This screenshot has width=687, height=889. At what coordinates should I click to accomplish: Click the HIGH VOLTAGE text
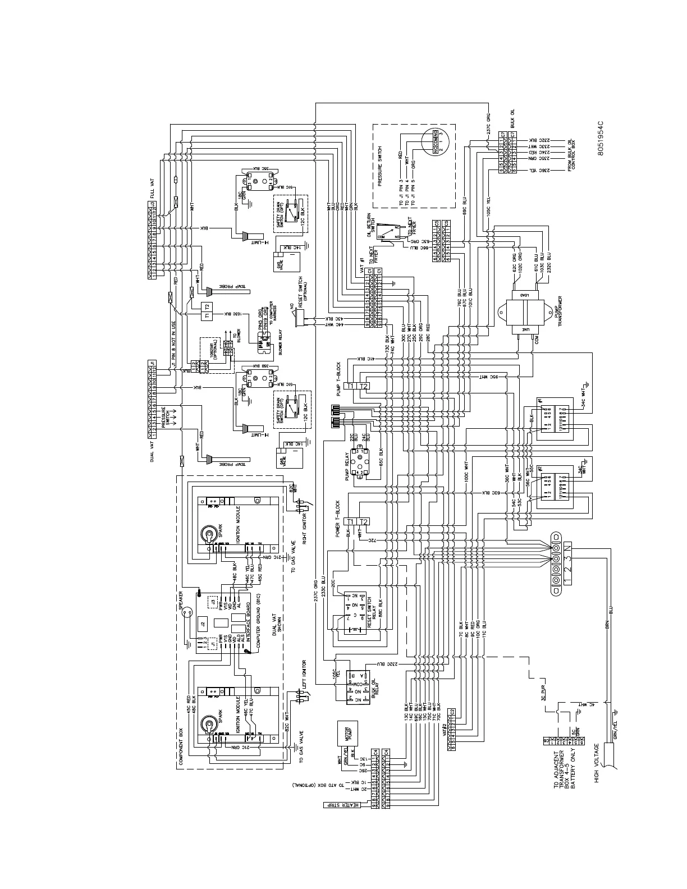(x=597, y=763)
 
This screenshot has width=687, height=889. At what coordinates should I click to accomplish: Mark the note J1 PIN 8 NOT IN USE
(x=173, y=332)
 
